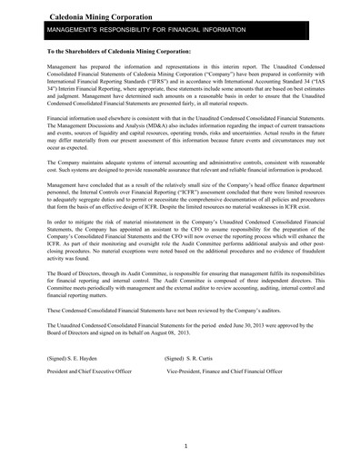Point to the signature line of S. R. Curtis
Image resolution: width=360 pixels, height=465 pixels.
(190, 385)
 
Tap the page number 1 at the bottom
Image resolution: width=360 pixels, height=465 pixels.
(185, 446)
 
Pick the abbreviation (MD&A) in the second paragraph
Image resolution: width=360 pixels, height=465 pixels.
(174, 151)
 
